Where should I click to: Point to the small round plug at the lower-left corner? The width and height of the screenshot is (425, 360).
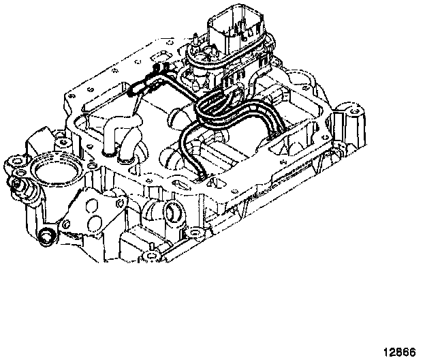[47, 237]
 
